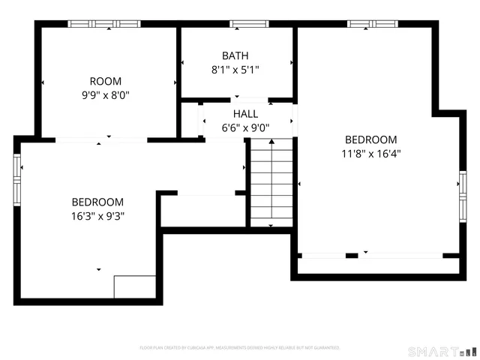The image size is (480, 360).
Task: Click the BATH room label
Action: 235,55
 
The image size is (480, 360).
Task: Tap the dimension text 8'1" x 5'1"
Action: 235,70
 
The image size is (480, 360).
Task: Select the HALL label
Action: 245,113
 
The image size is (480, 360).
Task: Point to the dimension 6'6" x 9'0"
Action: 245,127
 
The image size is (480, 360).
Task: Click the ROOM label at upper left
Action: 105,81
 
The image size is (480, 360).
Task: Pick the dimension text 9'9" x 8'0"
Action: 105,95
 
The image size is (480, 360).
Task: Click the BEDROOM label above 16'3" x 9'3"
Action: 97,202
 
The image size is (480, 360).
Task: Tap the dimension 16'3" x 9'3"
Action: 97,216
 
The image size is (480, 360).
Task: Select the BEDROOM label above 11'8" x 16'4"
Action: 370,139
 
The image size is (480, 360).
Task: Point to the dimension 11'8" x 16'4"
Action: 370,154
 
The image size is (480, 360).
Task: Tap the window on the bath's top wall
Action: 238,24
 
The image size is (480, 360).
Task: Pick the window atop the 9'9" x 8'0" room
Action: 105,24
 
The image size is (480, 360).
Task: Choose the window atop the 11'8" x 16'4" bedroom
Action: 372,24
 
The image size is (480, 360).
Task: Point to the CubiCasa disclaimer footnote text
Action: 240,348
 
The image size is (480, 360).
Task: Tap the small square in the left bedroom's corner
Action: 135,287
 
